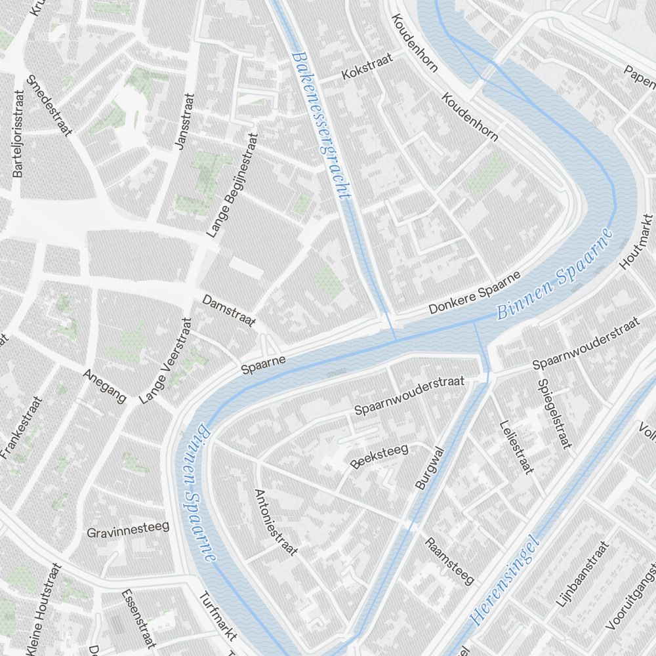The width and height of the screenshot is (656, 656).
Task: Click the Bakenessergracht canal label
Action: [321, 125]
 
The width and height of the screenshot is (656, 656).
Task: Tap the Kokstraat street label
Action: [367, 68]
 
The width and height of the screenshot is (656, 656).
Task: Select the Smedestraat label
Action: [49, 106]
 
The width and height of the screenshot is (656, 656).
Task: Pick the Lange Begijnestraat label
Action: [233, 184]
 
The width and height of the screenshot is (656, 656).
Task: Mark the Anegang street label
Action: [105, 386]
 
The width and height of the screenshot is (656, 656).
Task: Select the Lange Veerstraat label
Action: [165, 360]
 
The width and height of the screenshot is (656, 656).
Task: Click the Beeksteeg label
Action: [379, 456]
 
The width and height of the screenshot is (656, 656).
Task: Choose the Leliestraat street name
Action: [516, 446]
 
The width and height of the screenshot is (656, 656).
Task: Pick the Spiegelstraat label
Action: [553, 414]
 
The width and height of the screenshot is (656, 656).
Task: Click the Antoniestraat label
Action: [276, 522]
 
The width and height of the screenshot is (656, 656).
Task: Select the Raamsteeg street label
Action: [449, 561]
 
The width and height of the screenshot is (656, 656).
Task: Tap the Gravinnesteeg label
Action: [129, 529]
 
